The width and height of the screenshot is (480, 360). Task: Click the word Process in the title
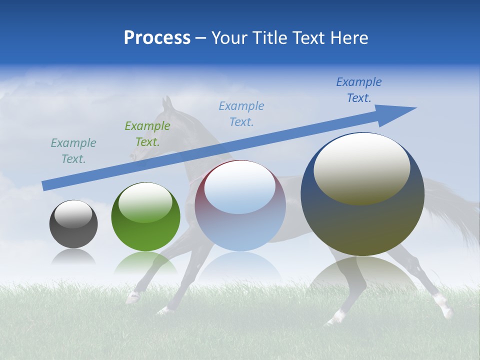coord(157,37)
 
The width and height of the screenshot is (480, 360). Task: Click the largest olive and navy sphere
coord(362,220)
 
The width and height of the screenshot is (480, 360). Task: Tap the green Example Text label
coord(147,134)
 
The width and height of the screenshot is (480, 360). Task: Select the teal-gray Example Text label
coord(73,151)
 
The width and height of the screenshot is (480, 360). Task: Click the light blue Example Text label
coord(241,113)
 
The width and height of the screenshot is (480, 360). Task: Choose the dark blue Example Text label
coord(358,90)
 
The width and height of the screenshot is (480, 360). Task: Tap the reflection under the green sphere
coord(145,262)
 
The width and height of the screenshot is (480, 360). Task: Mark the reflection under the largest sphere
coord(362,272)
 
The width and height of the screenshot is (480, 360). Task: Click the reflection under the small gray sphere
coord(73,257)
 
